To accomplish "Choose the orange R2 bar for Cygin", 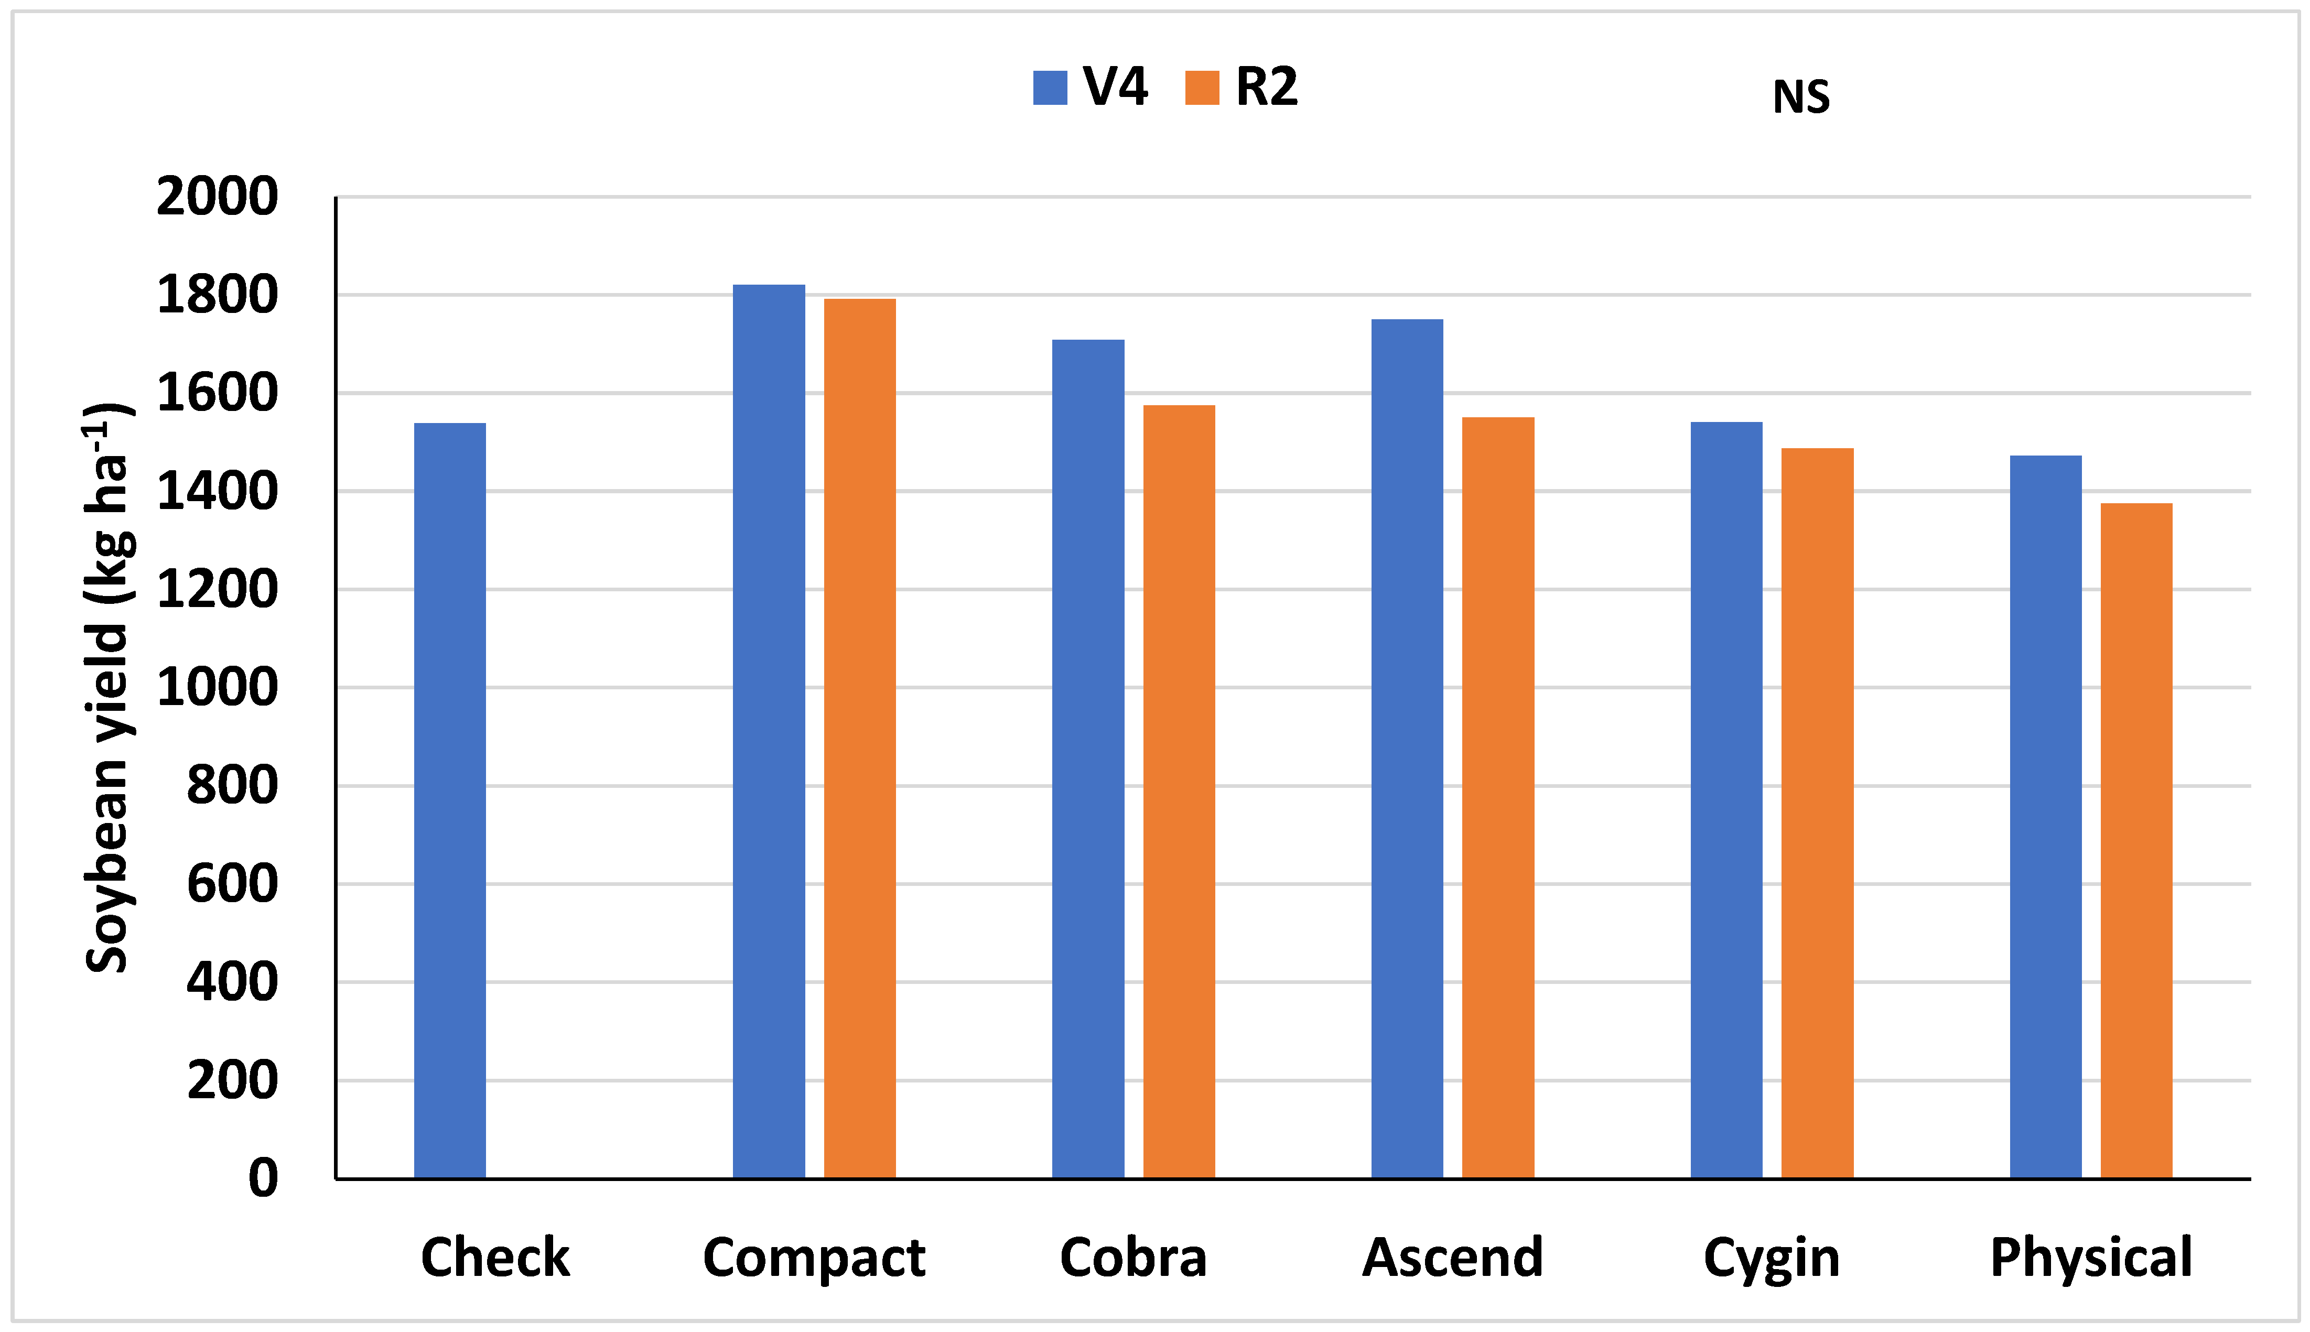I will click(1817, 813).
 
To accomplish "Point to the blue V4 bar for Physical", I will click(2046, 817).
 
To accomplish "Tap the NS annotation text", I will click(1800, 97).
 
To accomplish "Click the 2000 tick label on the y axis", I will click(217, 197).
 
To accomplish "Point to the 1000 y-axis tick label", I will click(217, 687).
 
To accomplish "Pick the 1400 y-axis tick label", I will click(217, 491).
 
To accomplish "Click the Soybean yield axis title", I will click(108, 686).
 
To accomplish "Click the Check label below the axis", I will click(495, 1258).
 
